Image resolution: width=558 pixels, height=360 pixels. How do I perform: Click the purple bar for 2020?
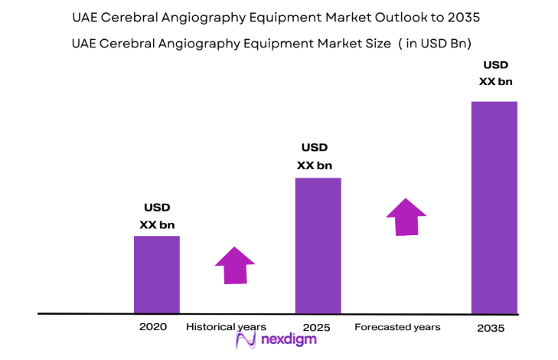[x=157, y=274]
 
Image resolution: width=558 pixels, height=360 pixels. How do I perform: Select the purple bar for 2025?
[x=318, y=245]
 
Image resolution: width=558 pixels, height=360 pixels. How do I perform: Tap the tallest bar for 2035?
[x=494, y=207]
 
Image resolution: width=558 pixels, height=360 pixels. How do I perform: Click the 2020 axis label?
[x=153, y=327]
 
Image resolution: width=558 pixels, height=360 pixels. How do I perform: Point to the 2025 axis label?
[x=316, y=328]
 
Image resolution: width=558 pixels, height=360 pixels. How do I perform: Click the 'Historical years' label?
[x=226, y=327]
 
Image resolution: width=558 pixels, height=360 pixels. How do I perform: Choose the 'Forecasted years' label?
[x=397, y=327]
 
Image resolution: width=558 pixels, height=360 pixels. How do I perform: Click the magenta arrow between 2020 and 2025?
[x=234, y=265]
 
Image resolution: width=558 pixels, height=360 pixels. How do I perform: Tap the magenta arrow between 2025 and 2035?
[x=406, y=217]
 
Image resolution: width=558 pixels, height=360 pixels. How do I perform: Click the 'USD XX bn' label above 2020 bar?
[x=157, y=216]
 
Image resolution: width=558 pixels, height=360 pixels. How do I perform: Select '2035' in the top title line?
[x=466, y=17]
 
